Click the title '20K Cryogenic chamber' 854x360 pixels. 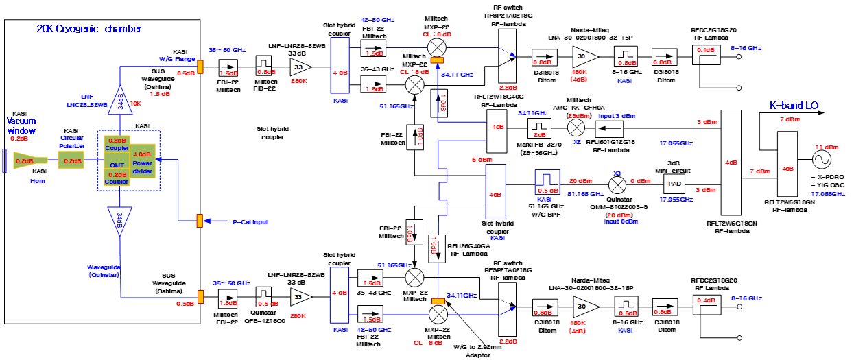(x=89, y=29)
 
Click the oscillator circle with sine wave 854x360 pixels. (x=819, y=159)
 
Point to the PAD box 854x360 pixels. (x=673, y=183)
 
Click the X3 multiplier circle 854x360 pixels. (x=617, y=183)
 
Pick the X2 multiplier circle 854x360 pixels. (x=578, y=128)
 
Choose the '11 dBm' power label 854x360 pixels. (x=825, y=147)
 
